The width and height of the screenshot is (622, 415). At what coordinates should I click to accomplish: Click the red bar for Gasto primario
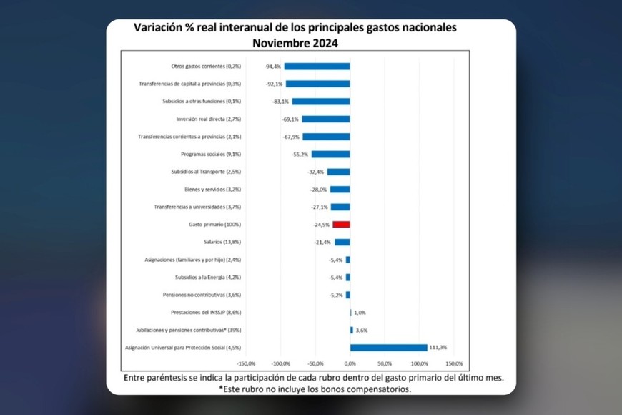(341, 225)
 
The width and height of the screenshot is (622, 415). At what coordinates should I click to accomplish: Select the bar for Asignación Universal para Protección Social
(388, 348)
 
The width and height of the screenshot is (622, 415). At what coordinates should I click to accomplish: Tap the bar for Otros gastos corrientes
(317, 67)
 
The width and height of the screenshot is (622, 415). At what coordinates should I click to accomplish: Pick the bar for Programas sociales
(330, 154)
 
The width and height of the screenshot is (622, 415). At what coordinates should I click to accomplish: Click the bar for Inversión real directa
(325, 119)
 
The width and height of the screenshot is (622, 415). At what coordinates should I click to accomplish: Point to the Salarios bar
(342, 242)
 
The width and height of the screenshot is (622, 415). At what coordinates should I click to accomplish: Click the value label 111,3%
(438, 348)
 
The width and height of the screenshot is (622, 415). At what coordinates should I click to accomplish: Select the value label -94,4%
(271, 67)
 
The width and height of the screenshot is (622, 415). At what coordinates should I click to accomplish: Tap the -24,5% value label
(320, 225)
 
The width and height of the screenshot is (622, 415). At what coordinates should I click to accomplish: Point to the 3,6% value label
(361, 330)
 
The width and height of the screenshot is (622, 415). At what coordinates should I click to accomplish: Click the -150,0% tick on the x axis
(246, 364)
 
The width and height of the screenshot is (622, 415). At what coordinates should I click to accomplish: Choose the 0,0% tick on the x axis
(350, 364)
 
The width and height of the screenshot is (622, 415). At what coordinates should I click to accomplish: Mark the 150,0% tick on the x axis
(454, 364)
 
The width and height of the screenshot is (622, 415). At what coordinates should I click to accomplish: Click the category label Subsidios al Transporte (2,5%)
(207, 172)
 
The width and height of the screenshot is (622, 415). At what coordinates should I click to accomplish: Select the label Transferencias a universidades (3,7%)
(197, 207)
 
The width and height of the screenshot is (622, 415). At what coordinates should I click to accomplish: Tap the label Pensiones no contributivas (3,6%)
(203, 295)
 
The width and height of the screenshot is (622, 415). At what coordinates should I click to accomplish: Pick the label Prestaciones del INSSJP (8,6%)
(206, 313)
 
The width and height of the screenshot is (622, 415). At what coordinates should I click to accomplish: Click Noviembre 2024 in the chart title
(295, 43)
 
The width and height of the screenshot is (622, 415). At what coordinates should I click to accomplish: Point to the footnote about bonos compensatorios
(315, 389)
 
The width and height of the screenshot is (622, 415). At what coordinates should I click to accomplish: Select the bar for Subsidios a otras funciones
(320, 102)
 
